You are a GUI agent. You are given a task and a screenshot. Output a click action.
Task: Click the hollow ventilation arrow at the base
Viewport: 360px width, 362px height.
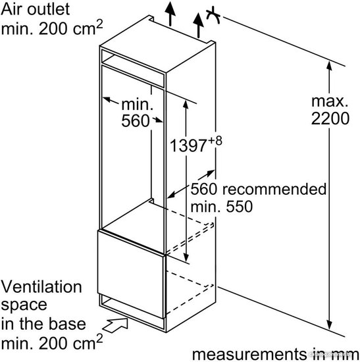[x=115, y=325]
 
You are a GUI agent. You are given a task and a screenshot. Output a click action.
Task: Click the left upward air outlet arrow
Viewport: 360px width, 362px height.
[x=170, y=13]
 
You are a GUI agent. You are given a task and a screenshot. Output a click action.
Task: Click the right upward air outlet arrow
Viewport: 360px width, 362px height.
[x=198, y=26]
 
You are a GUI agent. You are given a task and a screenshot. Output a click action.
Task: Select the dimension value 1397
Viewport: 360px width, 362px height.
[x=188, y=145]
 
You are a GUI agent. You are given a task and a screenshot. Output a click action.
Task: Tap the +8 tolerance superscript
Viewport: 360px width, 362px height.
[x=215, y=141]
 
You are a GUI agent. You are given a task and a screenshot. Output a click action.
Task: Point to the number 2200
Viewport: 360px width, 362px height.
[x=330, y=118]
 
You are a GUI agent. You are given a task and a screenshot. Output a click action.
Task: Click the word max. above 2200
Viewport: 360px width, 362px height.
[x=330, y=101]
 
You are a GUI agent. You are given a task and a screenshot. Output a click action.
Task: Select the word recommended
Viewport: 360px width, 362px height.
[x=274, y=189]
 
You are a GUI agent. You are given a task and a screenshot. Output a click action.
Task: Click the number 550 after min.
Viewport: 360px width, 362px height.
[x=239, y=207]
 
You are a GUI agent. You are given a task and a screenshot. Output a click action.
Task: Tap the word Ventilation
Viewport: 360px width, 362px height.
[x=41, y=286]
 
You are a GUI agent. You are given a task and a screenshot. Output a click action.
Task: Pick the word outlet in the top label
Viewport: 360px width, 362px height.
[x=48, y=9]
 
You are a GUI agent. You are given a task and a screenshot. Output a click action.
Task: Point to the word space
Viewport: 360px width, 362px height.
[x=24, y=305]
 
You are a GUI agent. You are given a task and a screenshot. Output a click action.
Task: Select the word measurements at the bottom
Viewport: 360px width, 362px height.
[x=249, y=354]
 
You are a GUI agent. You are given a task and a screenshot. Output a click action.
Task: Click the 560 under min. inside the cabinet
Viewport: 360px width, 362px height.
[x=136, y=120]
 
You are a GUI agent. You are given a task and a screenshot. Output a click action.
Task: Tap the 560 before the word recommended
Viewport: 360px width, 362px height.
[x=203, y=189]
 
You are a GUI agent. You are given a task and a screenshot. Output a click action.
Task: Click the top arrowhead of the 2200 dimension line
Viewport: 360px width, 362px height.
[x=329, y=66]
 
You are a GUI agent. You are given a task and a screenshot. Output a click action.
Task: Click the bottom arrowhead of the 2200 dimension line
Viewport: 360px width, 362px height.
[x=329, y=324]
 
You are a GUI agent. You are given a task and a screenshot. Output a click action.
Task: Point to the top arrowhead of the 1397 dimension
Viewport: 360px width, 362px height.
[x=186, y=105]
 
